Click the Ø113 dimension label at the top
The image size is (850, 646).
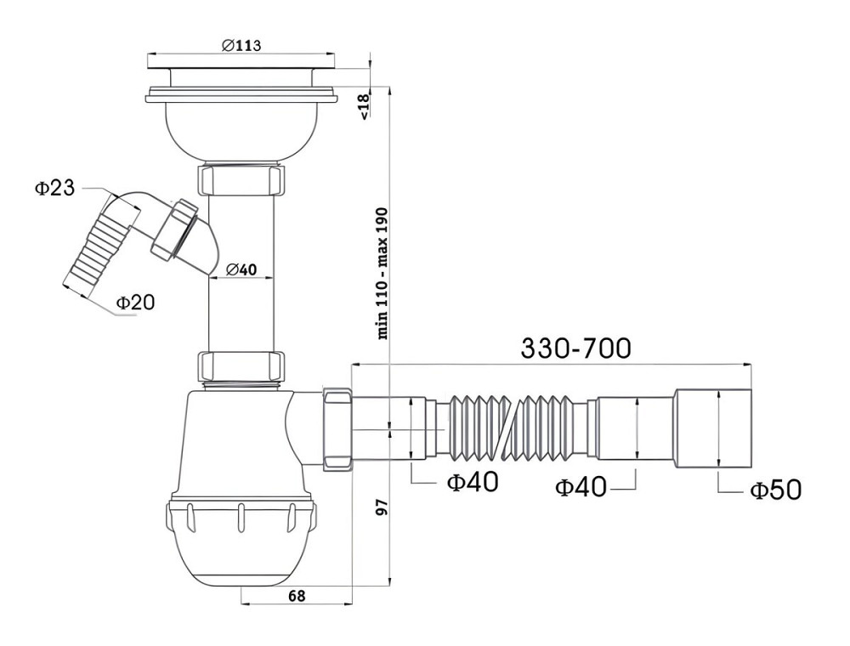(x=241, y=45)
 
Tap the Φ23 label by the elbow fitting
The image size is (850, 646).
(x=54, y=188)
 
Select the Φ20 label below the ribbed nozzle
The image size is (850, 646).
(x=136, y=302)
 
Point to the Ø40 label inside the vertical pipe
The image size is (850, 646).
(x=241, y=269)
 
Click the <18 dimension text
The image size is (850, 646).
(x=364, y=105)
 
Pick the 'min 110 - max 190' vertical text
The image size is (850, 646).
(x=382, y=273)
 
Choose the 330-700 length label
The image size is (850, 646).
(x=575, y=348)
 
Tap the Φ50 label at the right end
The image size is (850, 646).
(x=775, y=490)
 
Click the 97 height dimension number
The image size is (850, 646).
(x=382, y=507)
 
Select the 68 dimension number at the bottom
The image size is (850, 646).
(x=297, y=596)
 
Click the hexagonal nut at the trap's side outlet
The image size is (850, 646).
(x=337, y=428)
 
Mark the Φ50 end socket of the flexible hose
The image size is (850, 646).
(x=711, y=428)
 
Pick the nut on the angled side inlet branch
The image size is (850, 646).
(x=174, y=228)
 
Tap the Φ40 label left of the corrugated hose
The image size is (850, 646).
(x=472, y=482)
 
